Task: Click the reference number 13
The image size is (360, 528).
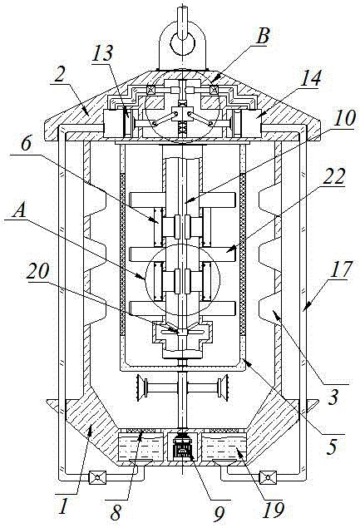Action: coord(103,53)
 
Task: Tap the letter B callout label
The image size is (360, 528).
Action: coord(263,36)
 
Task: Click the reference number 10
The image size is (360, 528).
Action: coord(345,118)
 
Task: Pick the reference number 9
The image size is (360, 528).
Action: coord(219,512)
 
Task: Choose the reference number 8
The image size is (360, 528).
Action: coord(116,512)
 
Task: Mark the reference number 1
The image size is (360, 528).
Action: coord(62,506)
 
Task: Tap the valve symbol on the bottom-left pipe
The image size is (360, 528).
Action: coord(97,477)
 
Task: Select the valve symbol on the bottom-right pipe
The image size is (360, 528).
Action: coord(268,477)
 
